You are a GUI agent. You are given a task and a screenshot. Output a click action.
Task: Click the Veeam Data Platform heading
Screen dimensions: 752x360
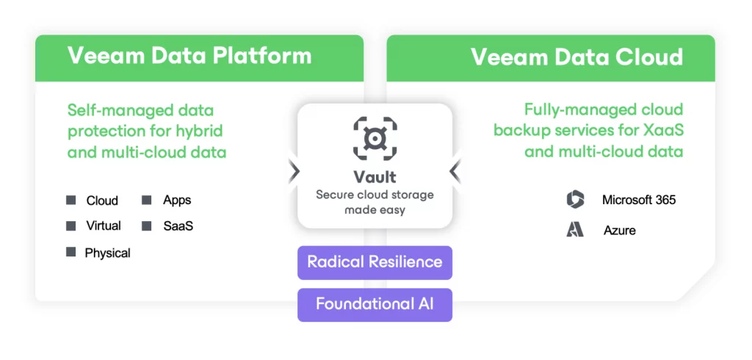(189, 56)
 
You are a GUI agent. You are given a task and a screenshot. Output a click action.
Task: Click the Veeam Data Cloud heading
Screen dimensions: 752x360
(576, 57)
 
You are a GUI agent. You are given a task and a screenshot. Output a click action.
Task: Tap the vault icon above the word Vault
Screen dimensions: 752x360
(375, 138)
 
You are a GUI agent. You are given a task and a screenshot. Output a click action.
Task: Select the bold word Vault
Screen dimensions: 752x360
(375, 177)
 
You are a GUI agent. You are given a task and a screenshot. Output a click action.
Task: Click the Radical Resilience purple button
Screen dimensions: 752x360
(375, 262)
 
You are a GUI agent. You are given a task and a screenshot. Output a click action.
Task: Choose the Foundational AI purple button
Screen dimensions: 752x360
(375, 305)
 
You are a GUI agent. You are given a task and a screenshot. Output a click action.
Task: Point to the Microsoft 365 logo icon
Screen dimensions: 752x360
(575, 199)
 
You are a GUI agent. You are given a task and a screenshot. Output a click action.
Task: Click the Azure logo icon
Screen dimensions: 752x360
(575, 229)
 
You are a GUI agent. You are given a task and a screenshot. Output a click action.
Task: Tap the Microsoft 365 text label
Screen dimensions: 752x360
(639, 200)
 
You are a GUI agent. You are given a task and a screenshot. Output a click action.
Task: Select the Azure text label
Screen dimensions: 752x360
(620, 231)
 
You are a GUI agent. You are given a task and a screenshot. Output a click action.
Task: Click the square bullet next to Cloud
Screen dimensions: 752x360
(71, 200)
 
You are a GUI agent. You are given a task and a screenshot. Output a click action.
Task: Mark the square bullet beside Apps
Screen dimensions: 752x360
(147, 200)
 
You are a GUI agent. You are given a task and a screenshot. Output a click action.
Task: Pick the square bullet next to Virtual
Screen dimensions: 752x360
(71, 226)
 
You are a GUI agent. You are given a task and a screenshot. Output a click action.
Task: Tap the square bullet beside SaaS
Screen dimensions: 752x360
(147, 226)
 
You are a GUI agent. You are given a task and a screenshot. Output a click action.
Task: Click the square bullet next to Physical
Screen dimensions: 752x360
(71, 251)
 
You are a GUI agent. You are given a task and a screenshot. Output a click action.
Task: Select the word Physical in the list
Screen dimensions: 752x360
(107, 253)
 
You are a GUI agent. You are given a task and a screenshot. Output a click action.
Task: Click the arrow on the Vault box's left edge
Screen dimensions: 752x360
(294, 171)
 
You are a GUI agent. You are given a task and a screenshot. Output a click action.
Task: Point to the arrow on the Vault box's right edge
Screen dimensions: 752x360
(455, 171)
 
